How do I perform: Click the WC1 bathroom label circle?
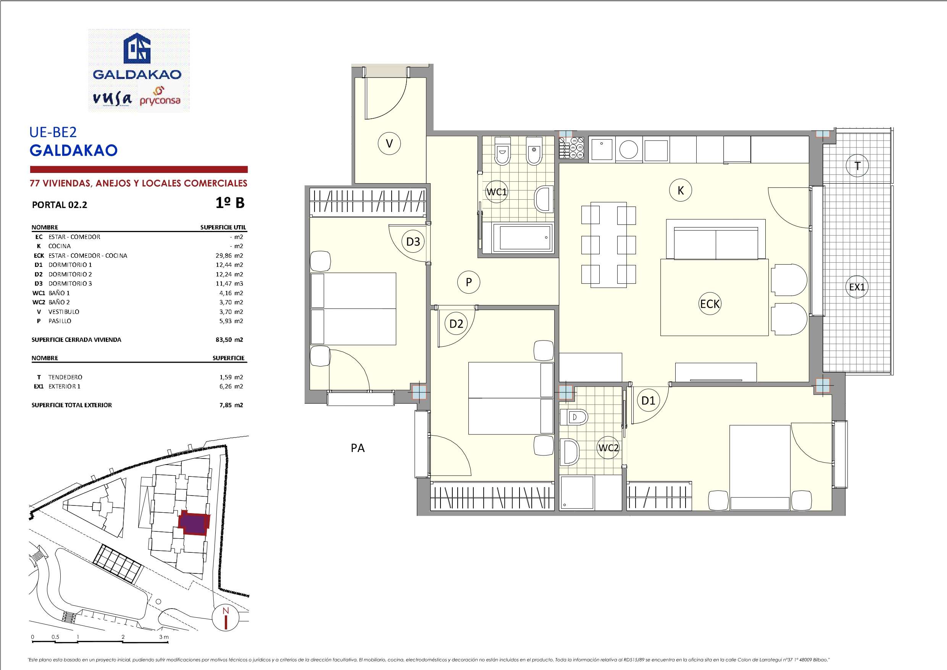pyautogui.click(x=496, y=192)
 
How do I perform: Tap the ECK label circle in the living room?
pyautogui.click(x=710, y=304)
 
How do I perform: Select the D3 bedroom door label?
pyautogui.click(x=413, y=241)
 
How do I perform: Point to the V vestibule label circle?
pyautogui.click(x=389, y=144)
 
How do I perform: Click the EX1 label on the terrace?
pyautogui.click(x=857, y=287)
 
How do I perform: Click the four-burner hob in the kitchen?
pyautogui.click(x=571, y=148)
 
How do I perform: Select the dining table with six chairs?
pyautogui.click(x=608, y=245)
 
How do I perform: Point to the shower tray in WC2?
pyautogui.click(x=577, y=493)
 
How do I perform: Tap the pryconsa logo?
pyautogui.click(x=160, y=97)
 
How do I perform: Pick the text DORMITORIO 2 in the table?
pyautogui.click(x=70, y=274)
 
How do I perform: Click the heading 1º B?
pyautogui.click(x=230, y=203)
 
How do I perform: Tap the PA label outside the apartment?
pyautogui.click(x=358, y=448)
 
